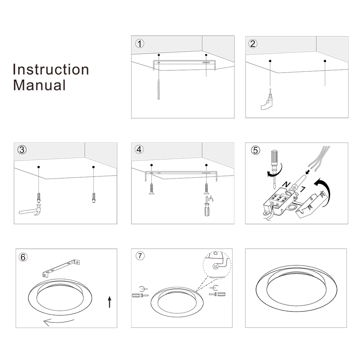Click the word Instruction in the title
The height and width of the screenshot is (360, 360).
coord(51,70)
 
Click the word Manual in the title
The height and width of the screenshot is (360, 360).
coord(39,85)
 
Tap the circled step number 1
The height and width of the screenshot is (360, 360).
coord(139,44)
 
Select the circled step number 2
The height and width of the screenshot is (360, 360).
coord(253,44)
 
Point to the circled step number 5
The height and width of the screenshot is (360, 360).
coord(256,150)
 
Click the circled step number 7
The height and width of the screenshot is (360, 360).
coord(140,256)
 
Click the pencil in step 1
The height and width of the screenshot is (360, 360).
coord(159,89)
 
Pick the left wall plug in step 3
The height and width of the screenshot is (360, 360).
coord(39,197)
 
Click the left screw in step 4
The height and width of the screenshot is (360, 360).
coord(151,189)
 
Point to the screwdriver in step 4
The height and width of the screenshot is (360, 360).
coord(207,206)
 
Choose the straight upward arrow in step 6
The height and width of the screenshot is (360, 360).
coord(110,302)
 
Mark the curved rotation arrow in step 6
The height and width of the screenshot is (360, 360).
coord(59,322)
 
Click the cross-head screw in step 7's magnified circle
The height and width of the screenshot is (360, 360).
coord(216,267)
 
